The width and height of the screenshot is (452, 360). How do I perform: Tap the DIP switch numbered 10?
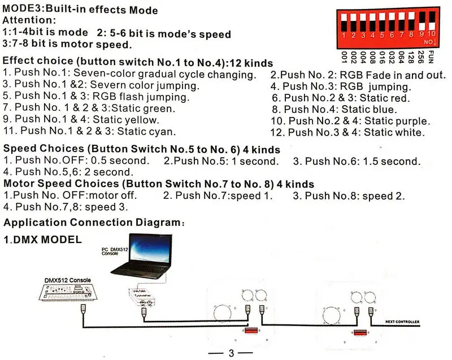tap(432, 23)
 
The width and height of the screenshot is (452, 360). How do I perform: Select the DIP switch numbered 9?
tap(422, 23)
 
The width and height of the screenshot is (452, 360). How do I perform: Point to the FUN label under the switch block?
tap(432, 58)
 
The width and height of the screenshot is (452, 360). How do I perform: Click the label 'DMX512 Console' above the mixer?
tap(68, 279)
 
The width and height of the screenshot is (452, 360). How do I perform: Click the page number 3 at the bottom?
tap(231, 354)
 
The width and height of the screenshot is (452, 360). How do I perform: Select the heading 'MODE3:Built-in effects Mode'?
tap(81, 10)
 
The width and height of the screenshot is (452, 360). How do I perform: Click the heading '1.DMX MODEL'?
tap(43, 240)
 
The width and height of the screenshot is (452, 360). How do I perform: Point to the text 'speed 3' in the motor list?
tap(111, 207)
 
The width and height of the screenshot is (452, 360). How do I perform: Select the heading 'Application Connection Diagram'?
tap(92, 223)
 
